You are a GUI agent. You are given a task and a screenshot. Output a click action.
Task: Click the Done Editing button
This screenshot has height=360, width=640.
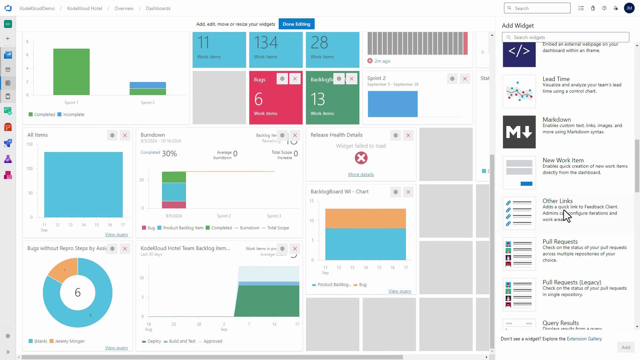click(296, 24)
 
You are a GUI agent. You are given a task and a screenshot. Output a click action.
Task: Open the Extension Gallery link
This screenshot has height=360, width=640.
click(584, 339)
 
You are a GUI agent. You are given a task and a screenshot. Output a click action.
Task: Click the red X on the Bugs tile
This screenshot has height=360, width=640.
click(295, 79)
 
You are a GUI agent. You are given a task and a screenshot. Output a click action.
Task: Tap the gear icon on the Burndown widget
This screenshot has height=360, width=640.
click(282, 135)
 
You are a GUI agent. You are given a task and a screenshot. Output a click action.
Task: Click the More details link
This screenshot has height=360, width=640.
click(361, 174)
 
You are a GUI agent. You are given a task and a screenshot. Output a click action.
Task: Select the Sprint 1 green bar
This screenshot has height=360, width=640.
click(71, 72)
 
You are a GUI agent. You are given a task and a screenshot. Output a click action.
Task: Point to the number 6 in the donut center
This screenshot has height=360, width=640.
click(78, 293)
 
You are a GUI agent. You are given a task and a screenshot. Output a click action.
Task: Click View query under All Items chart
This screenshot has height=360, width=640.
click(116, 234)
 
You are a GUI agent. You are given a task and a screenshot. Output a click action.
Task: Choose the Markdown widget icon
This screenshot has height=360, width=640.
click(519, 132)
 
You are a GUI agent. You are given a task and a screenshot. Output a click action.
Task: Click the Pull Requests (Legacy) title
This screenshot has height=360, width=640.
click(572, 282)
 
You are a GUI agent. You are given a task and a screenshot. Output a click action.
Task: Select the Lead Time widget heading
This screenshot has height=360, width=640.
click(556, 79)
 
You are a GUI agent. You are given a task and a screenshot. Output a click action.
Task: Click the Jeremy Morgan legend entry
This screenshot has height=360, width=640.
click(69, 341)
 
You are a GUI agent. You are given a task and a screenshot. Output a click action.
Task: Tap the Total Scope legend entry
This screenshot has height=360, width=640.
click(278, 228)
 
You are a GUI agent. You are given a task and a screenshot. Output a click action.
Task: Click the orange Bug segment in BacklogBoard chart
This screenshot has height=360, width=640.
click(365, 218)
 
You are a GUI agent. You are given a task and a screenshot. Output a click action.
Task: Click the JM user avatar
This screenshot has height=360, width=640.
click(629, 8)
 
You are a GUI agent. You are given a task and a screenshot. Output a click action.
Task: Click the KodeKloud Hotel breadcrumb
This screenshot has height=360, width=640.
click(84, 8)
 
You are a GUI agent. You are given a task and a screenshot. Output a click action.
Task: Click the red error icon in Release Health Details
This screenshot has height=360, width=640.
click(361, 158)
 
